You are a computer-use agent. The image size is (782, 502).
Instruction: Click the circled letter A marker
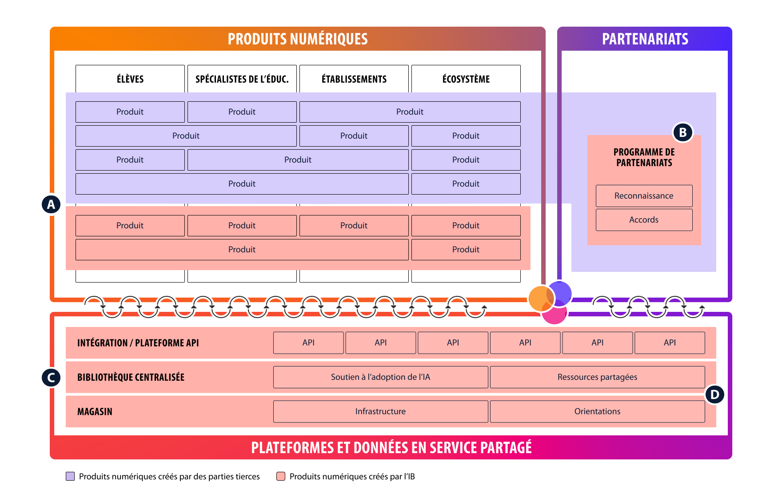(x=51, y=204)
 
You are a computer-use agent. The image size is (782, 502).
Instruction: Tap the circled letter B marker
(x=683, y=132)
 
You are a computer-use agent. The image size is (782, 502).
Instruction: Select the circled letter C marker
(x=51, y=378)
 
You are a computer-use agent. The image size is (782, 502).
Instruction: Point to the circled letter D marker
(x=714, y=394)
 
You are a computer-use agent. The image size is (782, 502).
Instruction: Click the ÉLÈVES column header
(x=130, y=79)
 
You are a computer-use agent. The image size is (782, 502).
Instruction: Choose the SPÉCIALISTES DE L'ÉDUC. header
(x=242, y=79)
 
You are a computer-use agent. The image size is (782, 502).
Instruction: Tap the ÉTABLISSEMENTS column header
(x=354, y=79)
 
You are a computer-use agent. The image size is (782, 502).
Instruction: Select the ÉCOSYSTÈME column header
(x=466, y=79)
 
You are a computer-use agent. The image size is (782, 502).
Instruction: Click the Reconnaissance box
(x=644, y=196)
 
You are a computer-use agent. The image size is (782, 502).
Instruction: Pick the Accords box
(x=644, y=220)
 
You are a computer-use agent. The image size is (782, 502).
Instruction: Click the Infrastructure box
(x=380, y=411)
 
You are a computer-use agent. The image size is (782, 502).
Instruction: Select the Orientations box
(x=597, y=411)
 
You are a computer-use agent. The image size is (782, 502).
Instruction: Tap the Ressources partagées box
(x=597, y=377)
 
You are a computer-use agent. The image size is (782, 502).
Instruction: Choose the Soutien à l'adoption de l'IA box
(x=380, y=377)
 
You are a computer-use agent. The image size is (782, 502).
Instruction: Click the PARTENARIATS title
(x=645, y=39)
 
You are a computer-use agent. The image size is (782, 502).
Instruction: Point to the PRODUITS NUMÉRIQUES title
(x=298, y=39)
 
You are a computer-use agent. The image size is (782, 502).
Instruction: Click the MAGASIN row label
(x=95, y=412)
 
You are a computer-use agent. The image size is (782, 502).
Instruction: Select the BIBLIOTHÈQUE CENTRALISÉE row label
(x=131, y=377)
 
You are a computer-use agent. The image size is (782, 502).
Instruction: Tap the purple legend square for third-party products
(x=70, y=476)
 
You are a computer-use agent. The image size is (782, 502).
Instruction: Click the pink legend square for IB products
(x=281, y=476)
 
